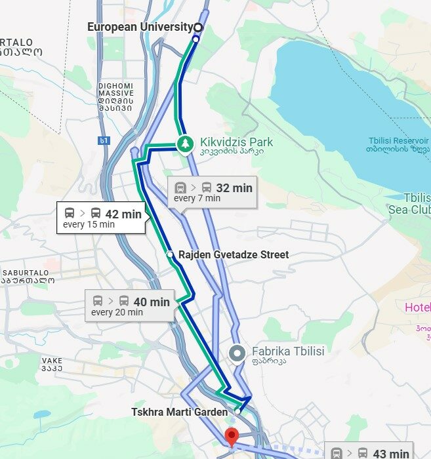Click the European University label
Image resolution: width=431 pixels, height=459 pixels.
coord(139,28)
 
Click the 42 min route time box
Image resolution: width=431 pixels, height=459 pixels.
coord(102,218)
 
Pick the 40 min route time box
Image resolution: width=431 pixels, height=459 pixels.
coord(130,306)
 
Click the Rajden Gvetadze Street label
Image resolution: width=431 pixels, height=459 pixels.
coord(233,254)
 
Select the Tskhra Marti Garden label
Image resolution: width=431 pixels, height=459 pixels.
coord(179,412)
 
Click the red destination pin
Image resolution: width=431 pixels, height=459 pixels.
coord(231,437)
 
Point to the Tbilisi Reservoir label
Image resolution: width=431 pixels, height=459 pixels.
coord(398,145)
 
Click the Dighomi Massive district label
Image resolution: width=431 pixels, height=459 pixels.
coord(115,96)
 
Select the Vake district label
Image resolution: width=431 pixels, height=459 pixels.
coord(52,364)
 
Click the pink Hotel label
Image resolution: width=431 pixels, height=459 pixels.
coord(417,308)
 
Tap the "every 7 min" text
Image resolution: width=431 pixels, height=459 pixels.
coord(197,198)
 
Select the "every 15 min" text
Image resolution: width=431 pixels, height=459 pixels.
coord(89,224)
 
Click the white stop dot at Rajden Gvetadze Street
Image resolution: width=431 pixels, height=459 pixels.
coord(170,254)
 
